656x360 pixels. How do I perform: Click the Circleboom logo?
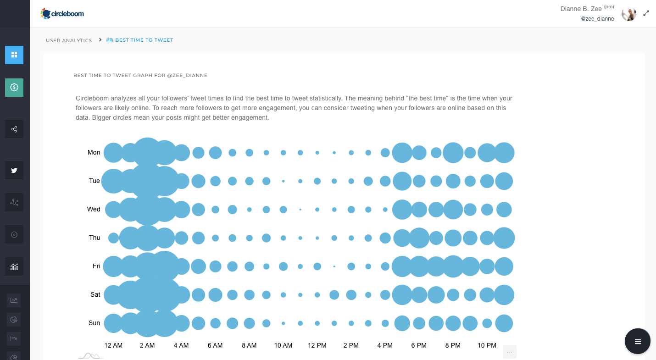click(62, 14)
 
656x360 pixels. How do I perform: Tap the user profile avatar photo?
click(628, 14)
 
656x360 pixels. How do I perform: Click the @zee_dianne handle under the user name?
click(597, 19)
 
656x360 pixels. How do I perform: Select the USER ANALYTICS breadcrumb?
click(69, 40)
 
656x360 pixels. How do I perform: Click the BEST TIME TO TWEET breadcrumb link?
click(144, 40)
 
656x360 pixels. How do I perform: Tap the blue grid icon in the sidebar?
click(14, 55)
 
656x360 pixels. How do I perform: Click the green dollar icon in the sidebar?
click(14, 87)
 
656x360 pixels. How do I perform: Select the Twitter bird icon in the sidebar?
click(14, 170)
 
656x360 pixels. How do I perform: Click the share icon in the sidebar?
click(14, 129)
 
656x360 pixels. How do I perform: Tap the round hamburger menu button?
click(637, 341)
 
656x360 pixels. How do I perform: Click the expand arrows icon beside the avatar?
click(646, 14)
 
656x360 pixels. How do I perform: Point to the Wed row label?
click(94, 209)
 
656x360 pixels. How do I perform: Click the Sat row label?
click(95, 294)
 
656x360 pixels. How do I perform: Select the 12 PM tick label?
click(317, 345)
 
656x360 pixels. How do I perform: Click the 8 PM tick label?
click(453, 345)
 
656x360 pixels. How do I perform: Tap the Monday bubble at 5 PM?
click(402, 153)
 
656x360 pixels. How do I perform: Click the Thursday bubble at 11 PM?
click(504, 238)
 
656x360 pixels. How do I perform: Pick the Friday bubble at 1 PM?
click(334, 266)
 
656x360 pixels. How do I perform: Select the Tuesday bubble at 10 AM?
click(283, 181)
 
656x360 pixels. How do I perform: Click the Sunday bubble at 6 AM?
click(215, 323)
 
